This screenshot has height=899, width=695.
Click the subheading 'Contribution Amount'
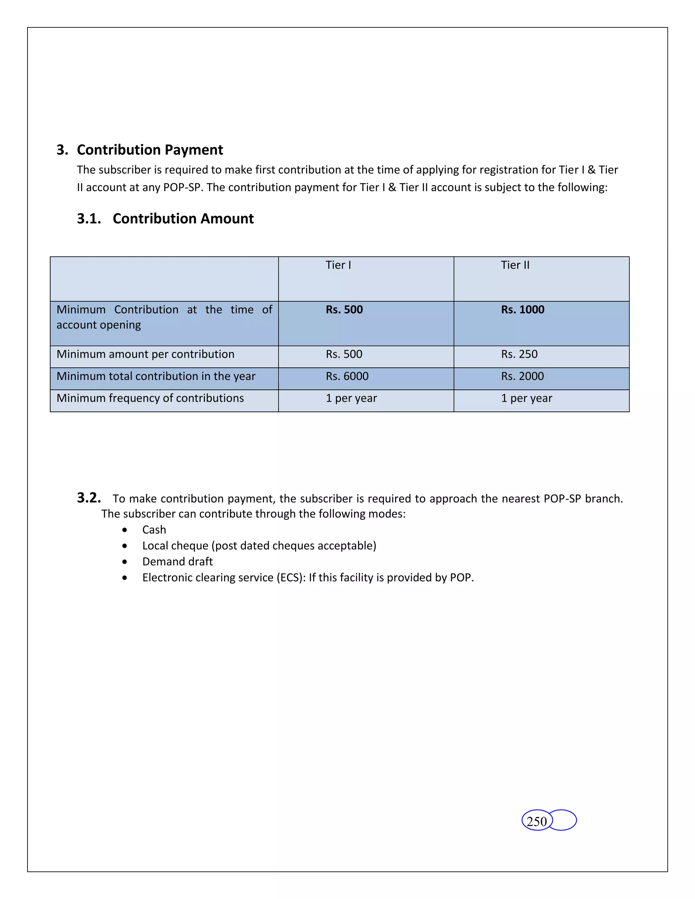pos(183,218)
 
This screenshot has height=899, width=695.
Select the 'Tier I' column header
pos(338,265)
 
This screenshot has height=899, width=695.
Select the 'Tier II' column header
pos(515,265)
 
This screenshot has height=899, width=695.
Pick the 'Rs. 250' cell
pos(519,354)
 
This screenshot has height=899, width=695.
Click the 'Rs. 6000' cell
pos(347,376)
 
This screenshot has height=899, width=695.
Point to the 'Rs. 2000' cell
pos(522,376)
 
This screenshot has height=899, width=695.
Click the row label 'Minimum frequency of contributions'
pos(150,398)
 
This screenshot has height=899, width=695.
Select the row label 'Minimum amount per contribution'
pos(145,354)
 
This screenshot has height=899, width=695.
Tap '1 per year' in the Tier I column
pos(351,398)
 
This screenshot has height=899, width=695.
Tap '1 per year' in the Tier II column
pos(526,398)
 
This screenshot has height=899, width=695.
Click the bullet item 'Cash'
pos(154,530)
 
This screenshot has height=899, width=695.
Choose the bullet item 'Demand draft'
pos(177,561)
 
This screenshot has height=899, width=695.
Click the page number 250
pos(536,822)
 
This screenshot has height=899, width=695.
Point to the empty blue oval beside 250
pos(564,820)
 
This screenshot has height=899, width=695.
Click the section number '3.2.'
pos(89,498)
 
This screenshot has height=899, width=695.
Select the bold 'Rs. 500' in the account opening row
pos(344,309)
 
